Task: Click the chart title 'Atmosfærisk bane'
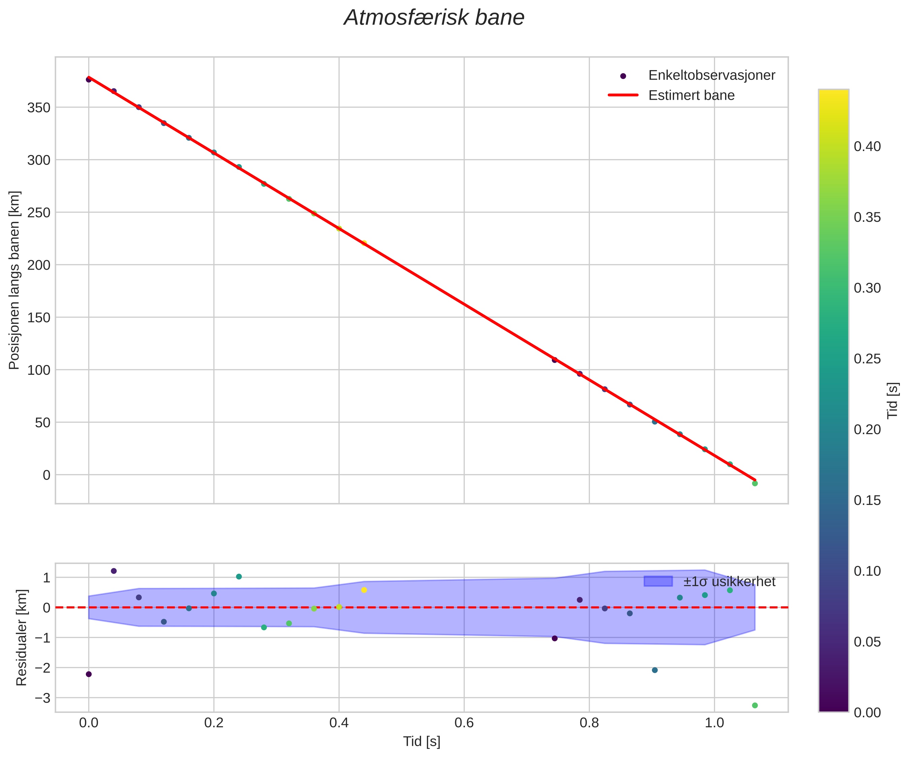click(434, 18)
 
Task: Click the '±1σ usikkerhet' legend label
click(729, 582)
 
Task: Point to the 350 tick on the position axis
click(39, 108)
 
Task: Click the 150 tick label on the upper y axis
click(39, 317)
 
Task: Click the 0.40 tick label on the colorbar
click(867, 147)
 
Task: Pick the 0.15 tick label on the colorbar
click(867, 501)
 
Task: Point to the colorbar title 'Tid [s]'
click(893, 400)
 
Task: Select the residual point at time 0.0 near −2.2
click(89, 674)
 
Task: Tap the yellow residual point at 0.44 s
click(364, 590)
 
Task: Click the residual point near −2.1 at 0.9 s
click(655, 670)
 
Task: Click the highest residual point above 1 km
click(114, 571)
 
